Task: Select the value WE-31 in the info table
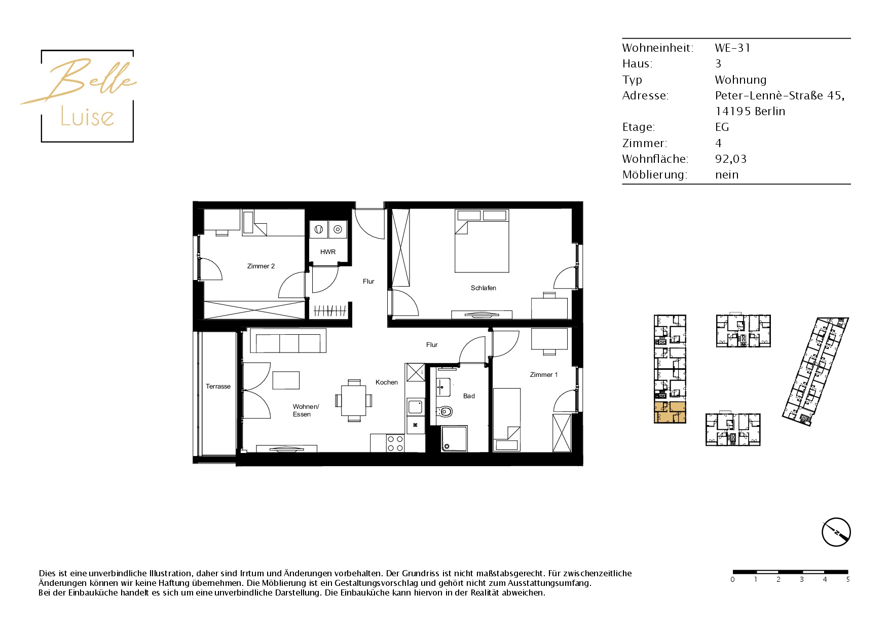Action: click(x=732, y=48)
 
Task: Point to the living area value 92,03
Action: click(x=730, y=159)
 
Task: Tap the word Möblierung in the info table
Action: click(x=654, y=174)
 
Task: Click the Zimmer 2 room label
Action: click(x=261, y=266)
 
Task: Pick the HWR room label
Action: click(x=328, y=252)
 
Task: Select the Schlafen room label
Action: click(x=484, y=288)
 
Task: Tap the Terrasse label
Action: click(x=218, y=386)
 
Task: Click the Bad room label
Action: click(x=469, y=396)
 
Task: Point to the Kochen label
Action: click(x=387, y=382)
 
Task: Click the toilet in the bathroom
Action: click(x=444, y=411)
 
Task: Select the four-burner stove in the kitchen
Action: click(x=395, y=443)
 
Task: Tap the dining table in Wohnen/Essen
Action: click(x=354, y=400)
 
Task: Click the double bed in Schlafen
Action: click(x=481, y=241)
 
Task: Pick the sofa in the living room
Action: click(x=288, y=341)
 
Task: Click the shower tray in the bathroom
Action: click(x=454, y=439)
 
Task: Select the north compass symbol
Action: click(x=836, y=532)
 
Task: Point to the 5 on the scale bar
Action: click(x=847, y=579)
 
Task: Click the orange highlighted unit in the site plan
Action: click(x=670, y=412)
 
